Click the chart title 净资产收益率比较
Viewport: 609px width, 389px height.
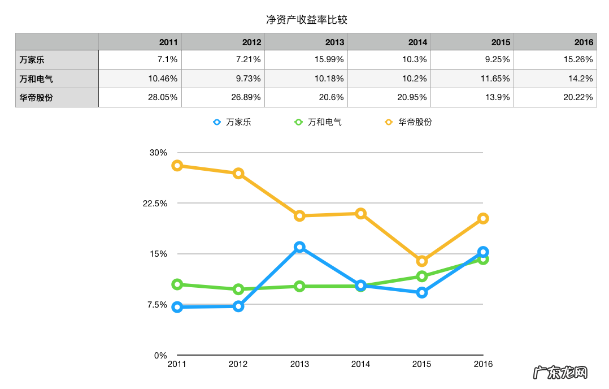306,20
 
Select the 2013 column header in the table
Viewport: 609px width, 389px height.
334,42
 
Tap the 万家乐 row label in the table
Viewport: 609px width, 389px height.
32,59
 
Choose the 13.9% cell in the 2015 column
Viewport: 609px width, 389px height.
497,97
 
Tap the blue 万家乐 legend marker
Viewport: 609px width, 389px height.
216,122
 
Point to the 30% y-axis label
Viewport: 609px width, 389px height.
158,153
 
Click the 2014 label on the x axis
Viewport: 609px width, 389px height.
360,364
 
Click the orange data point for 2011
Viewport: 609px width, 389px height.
177,166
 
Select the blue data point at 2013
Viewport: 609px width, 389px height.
299,247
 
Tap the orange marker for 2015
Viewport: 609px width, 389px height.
421,261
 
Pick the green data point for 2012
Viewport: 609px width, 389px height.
238,289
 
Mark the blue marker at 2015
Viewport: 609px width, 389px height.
421,293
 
